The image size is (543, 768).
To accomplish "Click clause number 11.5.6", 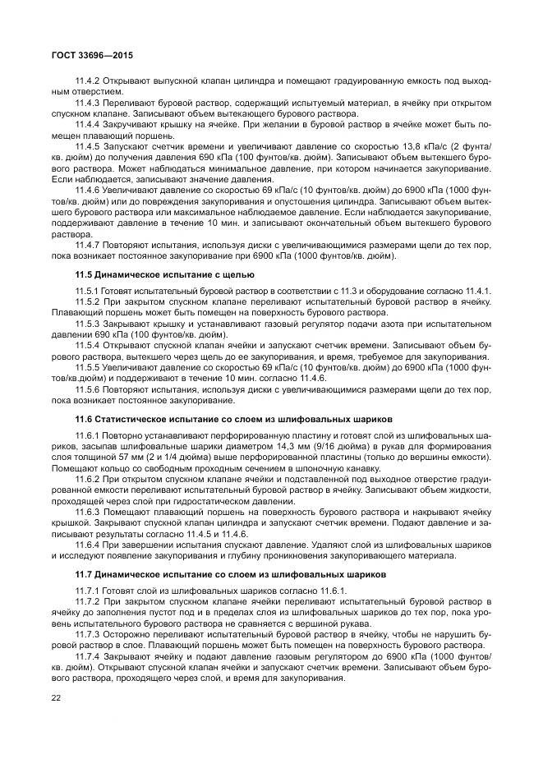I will [x=87, y=389].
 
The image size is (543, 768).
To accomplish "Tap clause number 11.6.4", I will [x=87, y=544].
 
